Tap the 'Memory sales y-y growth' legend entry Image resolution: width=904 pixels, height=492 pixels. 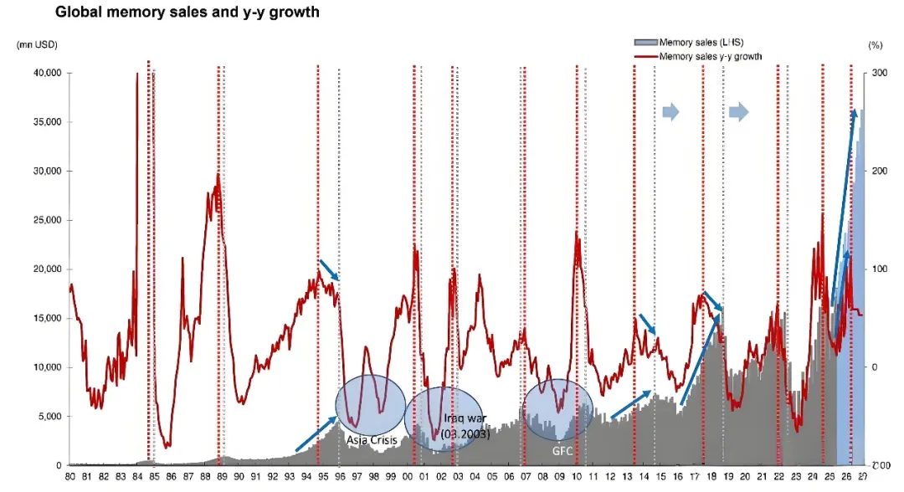[x=710, y=56]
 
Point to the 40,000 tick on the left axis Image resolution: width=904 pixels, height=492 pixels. [x=47, y=73]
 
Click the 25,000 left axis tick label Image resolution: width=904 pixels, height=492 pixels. [x=47, y=220]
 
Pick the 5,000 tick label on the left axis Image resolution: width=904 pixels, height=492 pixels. [x=49, y=416]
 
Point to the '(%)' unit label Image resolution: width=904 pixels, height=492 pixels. [x=876, y=44]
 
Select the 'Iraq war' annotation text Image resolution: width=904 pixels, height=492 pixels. [x=450, y=418]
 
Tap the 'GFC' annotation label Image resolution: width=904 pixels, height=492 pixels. [x=561, y=449]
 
